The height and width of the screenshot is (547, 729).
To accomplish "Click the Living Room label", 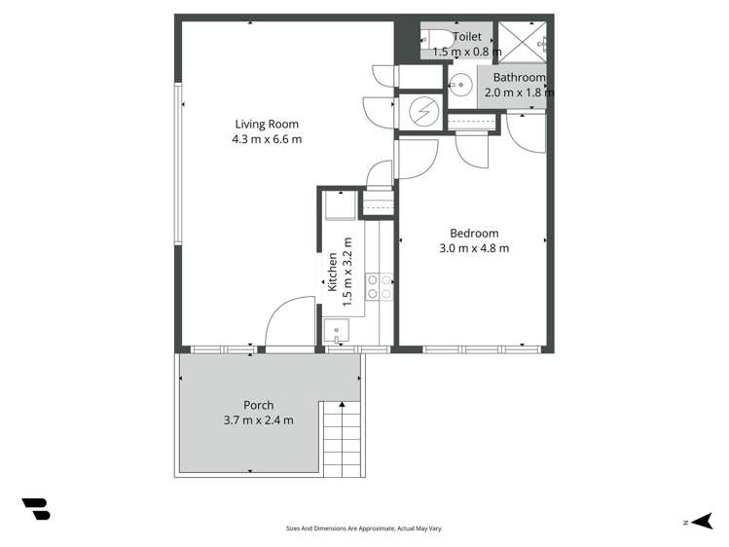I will click(x=266, y=124).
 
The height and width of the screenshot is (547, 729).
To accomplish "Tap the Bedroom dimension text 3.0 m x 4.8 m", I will click(x=474, y=248).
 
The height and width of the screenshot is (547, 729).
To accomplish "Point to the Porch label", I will click(x=258, y=405).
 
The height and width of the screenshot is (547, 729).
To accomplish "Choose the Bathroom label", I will click(x=518, y=78).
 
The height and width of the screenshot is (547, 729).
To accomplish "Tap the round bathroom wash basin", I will click(x=461, y=85).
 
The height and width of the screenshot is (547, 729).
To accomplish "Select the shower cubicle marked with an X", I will click(x=525, y=40).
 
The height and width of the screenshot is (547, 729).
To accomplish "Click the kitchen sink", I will click(x=337, y=331).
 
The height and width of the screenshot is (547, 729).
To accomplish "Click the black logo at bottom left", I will click(x=36, y=508).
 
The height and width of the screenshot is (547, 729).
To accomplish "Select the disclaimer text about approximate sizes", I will click(x=364, y=529).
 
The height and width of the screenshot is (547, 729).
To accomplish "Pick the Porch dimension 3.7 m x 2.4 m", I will click(x=258, y=420).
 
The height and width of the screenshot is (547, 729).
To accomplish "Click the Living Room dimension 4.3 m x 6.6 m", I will click(x=266, y=139).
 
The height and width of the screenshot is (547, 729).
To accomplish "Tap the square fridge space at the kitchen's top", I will click(x=338, y=206).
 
